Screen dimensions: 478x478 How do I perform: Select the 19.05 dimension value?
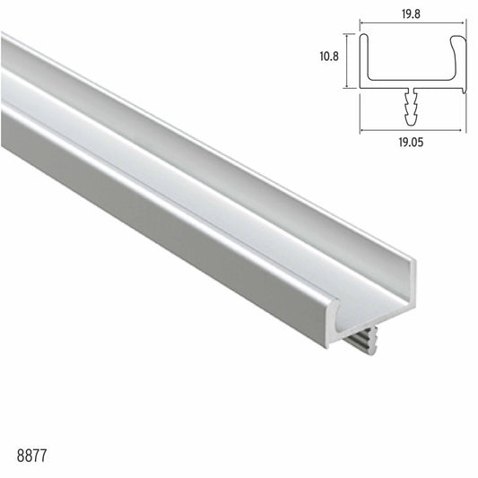[x=413, y=141]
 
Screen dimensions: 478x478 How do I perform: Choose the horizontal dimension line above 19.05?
[x=413, y=128]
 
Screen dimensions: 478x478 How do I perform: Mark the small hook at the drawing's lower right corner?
[x=464, y=87]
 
